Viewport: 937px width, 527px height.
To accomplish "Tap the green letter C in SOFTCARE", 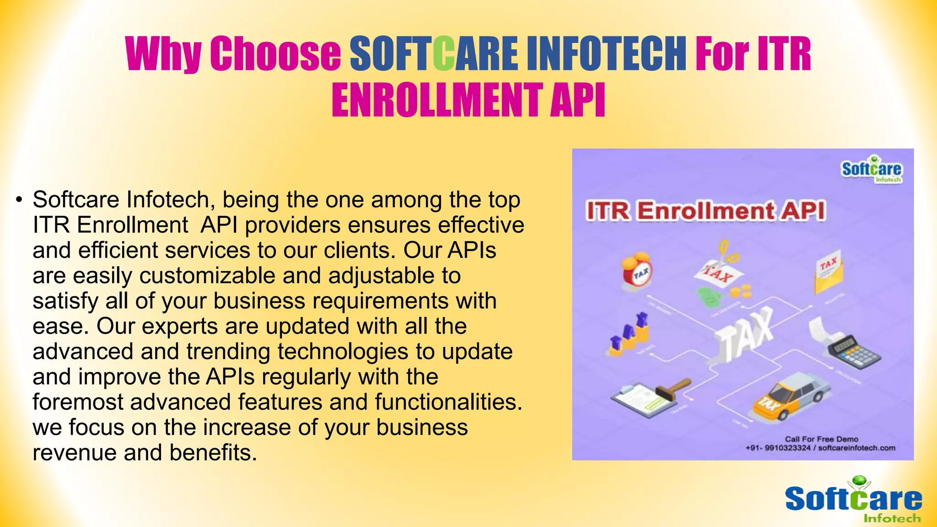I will pyautogui.click(x=443, y=54).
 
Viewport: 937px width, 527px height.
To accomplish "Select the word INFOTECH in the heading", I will pyautogui.click(x=606, y=54).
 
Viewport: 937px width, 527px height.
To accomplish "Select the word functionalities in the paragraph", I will pyautogui.click(x=448, y=402).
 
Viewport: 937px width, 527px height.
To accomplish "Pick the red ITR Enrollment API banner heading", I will pyautogui.click(x=706, y=211).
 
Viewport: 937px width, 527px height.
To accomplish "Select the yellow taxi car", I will pyautogui.click(x=791, y=396).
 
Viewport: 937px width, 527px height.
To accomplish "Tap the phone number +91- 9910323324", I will pyautogui.click(x=778, y=448).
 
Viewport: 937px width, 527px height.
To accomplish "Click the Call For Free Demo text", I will pyautogui.click(x=821, y=439).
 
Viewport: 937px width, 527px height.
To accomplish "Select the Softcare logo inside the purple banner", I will pyautogui.click(x=871, y=170).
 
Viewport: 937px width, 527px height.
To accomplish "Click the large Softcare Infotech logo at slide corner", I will pyautogui.click(x=853, y=500).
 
